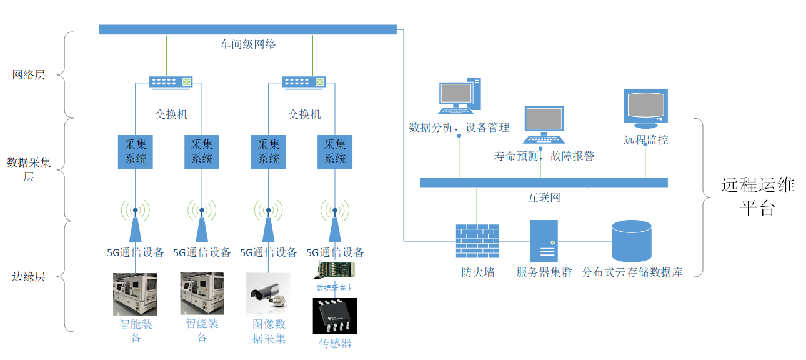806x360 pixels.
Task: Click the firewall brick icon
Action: tap(477, 241)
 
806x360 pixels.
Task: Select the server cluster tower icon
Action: tap(544, 241)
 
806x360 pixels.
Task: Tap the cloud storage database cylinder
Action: tap(631, 241)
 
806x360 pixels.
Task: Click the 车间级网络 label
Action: tap(247, 44)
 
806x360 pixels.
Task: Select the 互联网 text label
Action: tap(544, 198)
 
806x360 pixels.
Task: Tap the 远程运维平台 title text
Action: tap(757, 196)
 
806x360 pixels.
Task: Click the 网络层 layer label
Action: tap(29, 75)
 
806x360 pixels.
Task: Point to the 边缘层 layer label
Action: tap(29, 277)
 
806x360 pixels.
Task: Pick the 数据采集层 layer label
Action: tap(29, 169)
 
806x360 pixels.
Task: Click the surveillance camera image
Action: tap(268, 294)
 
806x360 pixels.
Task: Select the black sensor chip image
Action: tap(334, 316)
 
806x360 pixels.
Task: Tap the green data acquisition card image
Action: tap(334, 270)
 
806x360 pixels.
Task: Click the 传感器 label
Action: tap(335, 344)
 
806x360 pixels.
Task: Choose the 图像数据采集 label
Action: tap(269, 331)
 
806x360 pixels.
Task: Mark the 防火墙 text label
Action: tap(477, 272)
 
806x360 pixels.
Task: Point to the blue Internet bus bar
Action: tap(544, 182)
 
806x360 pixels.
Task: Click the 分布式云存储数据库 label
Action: tap(632, 272)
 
